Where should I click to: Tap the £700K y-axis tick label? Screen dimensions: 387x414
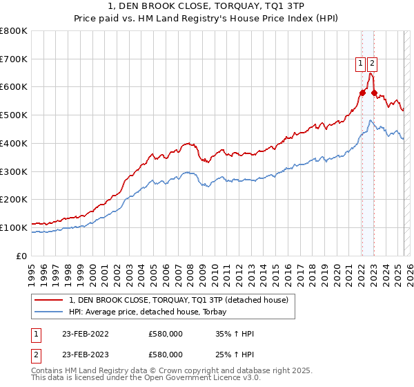pos(14,59)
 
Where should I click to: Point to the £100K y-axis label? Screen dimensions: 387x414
pos(14,227)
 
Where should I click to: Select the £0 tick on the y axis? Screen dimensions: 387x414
pos(22,256)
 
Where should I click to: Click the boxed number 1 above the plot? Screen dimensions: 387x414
pos(360,64)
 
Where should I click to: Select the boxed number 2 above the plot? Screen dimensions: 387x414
pos(373,64)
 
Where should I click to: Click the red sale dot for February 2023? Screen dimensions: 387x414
pos(374,93)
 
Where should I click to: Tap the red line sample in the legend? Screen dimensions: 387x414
pos(49,300)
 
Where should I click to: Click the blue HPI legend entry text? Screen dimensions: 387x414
pos(152,312)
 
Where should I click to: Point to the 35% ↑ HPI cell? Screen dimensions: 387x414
pos(235,334)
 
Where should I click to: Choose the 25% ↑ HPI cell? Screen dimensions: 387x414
pos(235,354)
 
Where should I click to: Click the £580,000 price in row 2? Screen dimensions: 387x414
pos(166,354)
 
